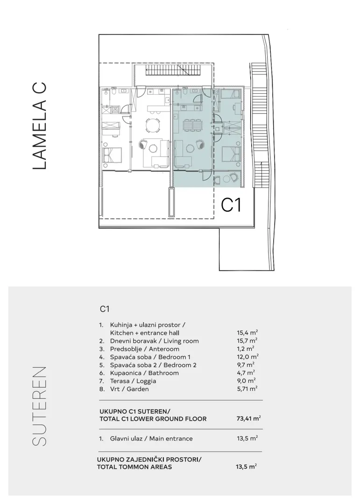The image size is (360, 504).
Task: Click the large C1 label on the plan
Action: click(x=231, y=205)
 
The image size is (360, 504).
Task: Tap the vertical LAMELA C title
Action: click(x=40, y=126)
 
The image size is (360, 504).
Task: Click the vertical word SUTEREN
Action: click(x=40, y=406)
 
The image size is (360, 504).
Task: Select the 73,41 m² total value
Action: click(x=248, y=419)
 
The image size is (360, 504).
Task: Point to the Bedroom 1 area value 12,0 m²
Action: click(x=248, y=357)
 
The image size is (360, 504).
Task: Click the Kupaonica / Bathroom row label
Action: click(x=144, y=373)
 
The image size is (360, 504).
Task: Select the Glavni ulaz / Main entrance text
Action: click(x=151, y=438)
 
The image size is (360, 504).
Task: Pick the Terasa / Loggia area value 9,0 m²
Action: click(x=246, y=381)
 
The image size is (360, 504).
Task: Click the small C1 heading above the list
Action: click(x=105, y=309)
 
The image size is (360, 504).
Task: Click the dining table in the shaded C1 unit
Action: click(x=192, y=125)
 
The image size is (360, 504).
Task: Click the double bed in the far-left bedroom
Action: click(x=112, y=155)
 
